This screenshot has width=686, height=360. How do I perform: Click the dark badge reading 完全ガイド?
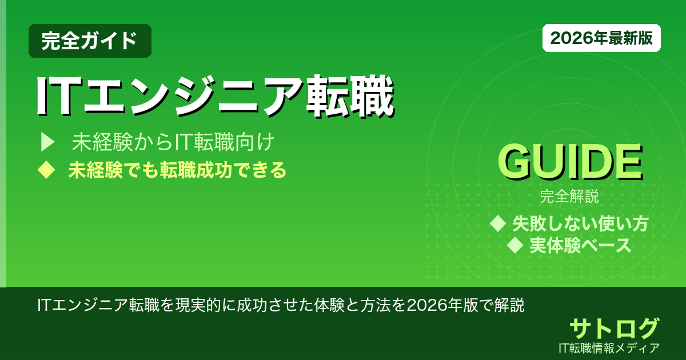90,41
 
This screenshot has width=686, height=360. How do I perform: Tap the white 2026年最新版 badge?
601,38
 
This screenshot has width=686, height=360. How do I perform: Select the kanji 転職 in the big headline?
350,96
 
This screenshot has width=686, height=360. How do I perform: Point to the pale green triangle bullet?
47,142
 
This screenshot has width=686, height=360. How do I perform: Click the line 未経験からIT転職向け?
173,142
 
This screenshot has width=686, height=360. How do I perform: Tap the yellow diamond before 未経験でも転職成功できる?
46,170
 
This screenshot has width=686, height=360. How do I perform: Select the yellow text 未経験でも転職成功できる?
177,170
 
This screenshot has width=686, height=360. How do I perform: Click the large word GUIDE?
570,162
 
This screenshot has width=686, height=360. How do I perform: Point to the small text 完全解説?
569,197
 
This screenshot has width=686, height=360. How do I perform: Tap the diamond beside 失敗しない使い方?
498,223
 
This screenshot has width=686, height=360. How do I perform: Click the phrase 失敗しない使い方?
580,223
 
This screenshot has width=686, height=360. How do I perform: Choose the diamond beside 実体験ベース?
515,245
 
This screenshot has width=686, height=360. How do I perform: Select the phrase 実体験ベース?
580,245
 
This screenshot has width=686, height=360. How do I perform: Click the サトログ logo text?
614,328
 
